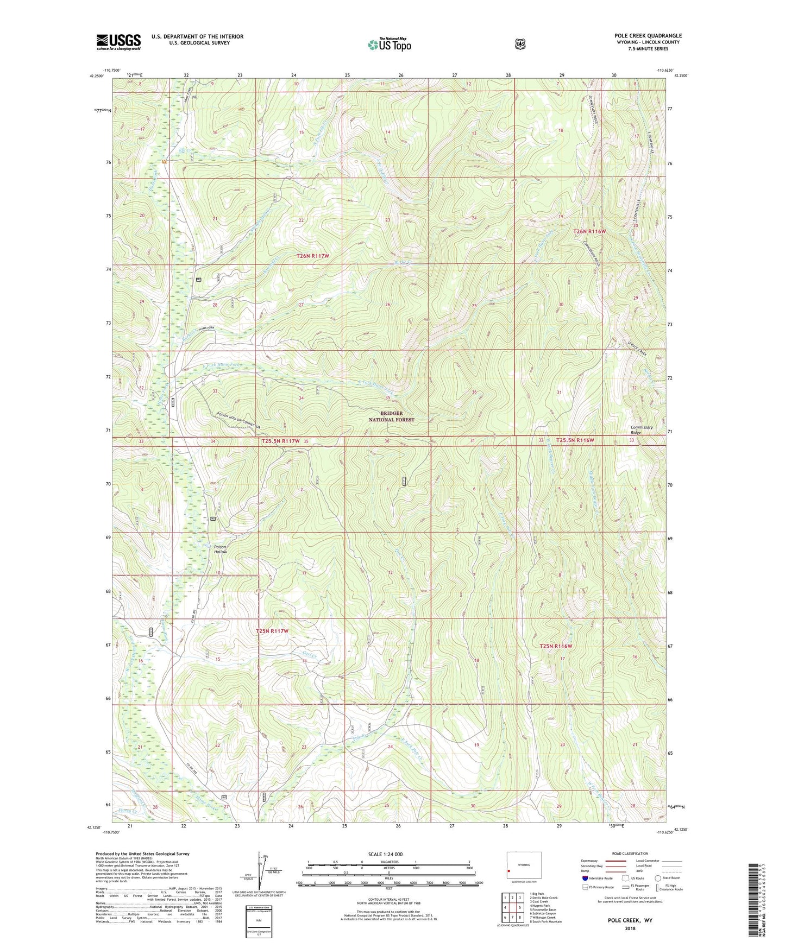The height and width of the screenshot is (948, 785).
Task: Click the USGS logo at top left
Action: click(x=118, y=42)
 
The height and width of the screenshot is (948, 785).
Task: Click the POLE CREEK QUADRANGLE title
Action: click(x=648, y=36)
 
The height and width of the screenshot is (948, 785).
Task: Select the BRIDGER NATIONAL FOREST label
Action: click(x=391, y=416)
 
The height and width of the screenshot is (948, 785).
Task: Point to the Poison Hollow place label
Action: click(x=220, y=549)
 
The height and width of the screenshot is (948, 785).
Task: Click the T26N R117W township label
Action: click(x=313, y=256)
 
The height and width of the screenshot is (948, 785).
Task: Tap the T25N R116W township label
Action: click(x=556, y=646)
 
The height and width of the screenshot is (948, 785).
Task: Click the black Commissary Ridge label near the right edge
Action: click(x=642, y=430)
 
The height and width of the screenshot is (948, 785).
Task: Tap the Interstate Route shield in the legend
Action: click(x=585, y=878)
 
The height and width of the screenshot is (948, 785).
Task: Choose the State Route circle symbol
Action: click(x=657, y=878)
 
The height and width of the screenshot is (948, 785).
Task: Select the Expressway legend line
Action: click(x=617, y=861)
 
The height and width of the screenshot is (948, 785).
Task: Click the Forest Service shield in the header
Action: click(x=520, y=44)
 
